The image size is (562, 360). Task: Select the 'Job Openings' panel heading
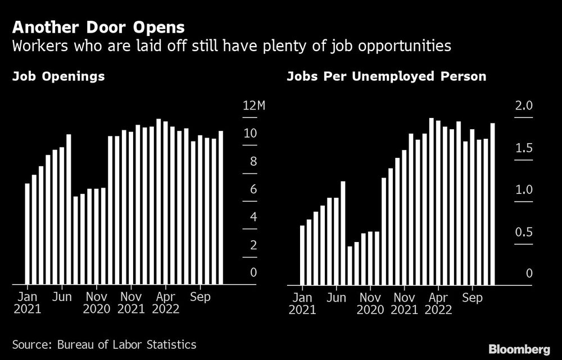[58, 76]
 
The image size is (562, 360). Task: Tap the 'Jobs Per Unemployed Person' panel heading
[386, 76]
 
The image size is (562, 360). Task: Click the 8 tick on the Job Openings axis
[253, 162]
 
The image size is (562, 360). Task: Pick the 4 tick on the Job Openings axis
[253, 217]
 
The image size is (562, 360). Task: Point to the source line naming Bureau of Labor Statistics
[104, 344]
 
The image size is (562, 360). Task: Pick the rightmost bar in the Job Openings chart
[221, 208]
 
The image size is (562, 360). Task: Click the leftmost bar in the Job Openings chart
[27, 234]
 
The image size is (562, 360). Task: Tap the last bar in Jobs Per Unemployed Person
[493, 204]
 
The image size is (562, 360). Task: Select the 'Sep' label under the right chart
[472, 298]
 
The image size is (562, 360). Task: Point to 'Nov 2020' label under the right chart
[370, 303]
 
